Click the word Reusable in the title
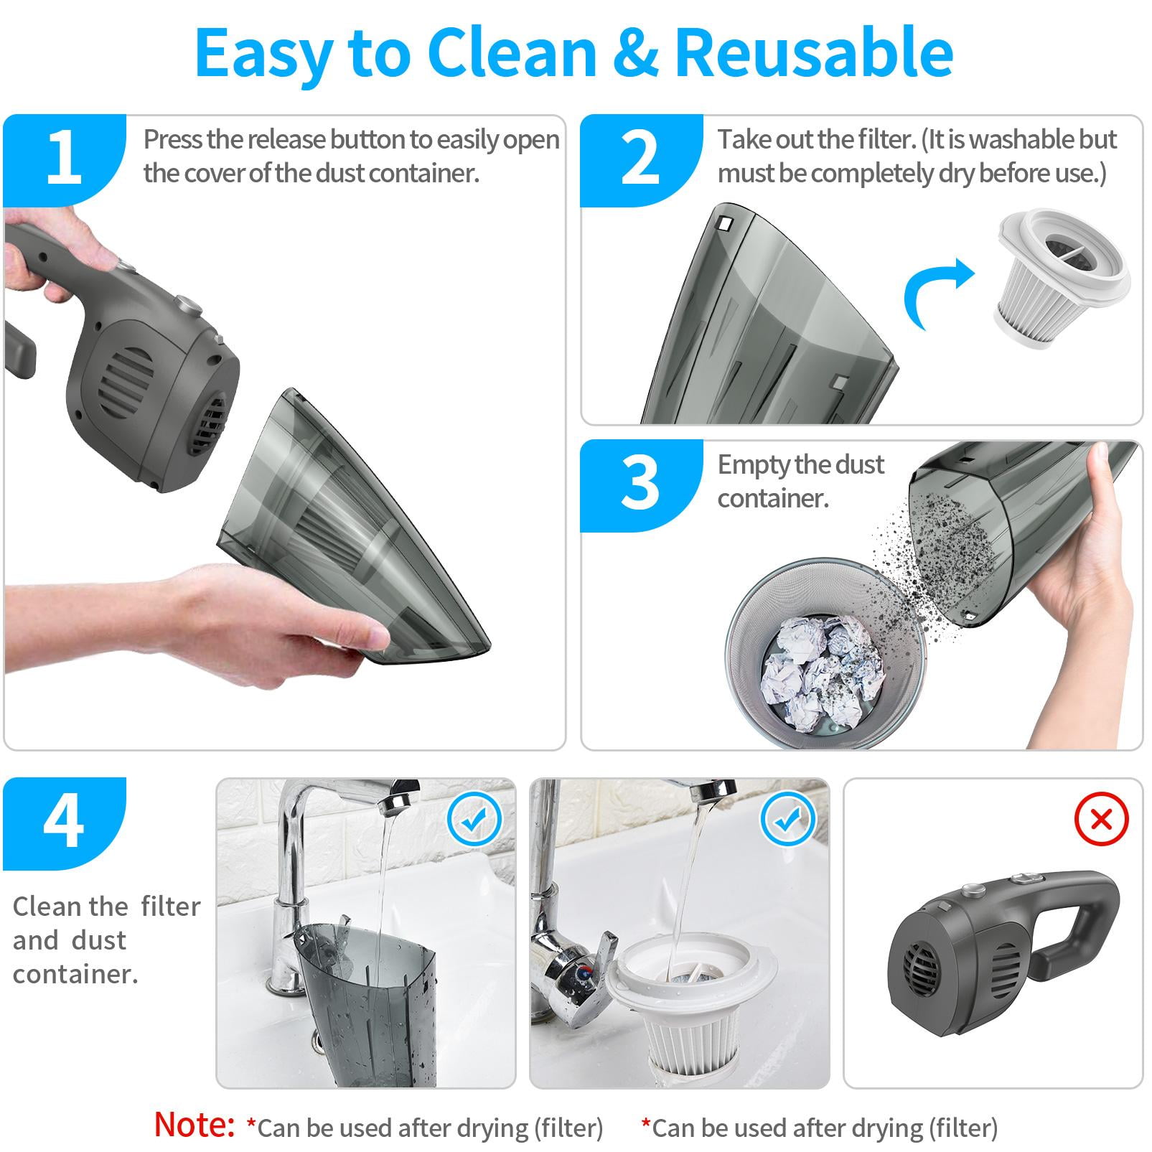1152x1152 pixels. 814,53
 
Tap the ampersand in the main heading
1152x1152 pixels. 634,53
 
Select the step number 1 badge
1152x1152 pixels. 65,160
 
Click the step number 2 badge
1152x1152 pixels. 640,160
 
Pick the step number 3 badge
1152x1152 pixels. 640,485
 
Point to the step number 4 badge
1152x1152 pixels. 65,823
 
